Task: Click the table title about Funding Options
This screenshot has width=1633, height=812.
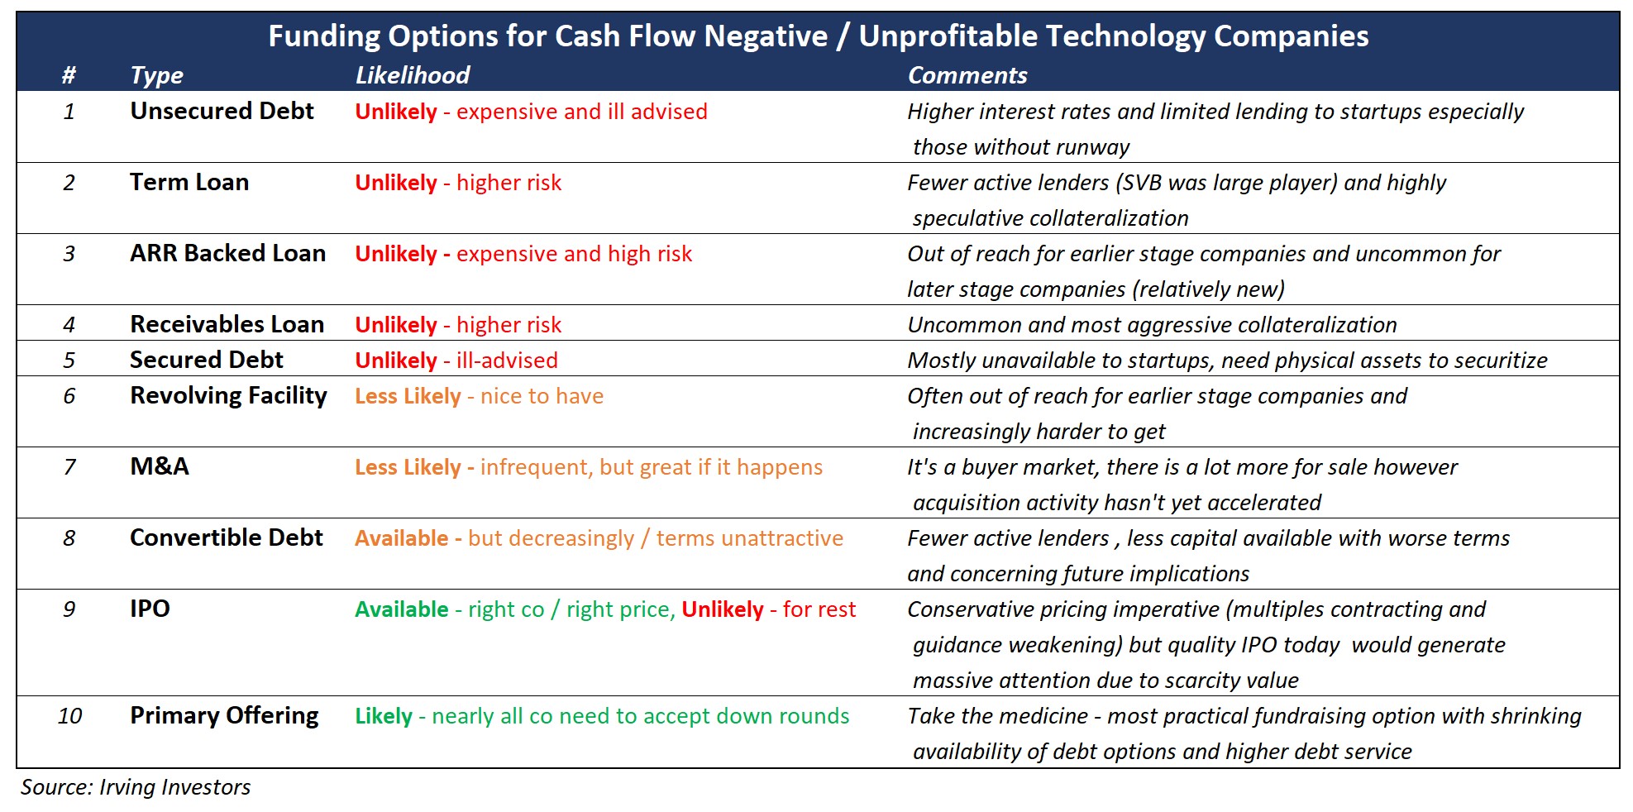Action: point(819,36)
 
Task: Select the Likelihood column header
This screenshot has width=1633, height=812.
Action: point(412,75)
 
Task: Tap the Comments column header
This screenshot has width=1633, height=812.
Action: point(967,75)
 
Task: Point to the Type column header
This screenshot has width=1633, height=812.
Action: point(156,76)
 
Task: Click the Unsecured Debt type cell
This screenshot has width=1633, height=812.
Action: point(222,111)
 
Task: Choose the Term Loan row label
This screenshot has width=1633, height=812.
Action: point(189,182)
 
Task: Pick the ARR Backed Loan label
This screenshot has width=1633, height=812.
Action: point(227,253)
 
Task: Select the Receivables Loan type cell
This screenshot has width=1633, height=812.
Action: point(227,324)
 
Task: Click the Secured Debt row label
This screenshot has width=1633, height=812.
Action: point(206,360)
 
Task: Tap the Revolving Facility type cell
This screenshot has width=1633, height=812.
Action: point(228,396)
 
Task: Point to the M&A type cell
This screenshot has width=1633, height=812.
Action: point(160,466)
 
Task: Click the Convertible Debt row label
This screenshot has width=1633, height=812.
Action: point(226,537)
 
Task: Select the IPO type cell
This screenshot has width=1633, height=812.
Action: point(150,609)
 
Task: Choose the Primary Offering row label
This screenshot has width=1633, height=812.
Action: point(224,716)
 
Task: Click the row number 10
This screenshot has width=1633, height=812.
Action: point(69,716)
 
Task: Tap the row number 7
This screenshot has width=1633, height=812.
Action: point(69,467)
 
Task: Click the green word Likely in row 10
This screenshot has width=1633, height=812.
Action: point(384,716)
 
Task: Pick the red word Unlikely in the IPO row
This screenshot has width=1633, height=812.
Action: point(723,609)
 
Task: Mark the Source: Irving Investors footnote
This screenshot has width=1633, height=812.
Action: point(136,787)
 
